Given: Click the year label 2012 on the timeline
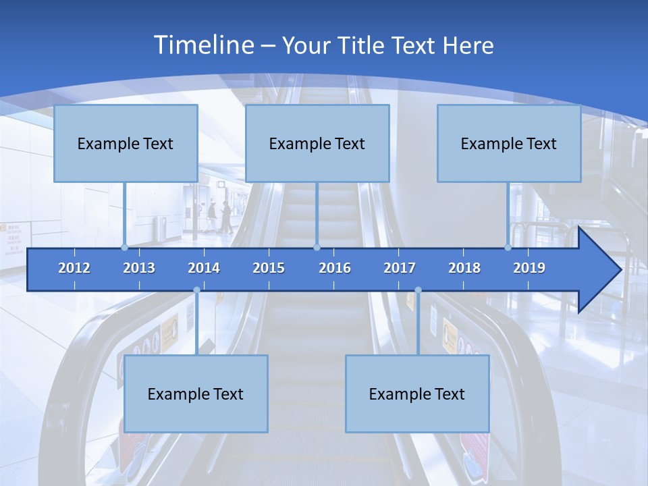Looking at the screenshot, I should [74, 268].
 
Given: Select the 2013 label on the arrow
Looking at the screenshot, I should [139, 268].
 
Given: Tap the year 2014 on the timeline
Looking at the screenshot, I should [204, 268].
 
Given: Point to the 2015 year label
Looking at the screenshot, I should [269, 268].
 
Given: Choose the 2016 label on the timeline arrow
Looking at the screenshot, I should [335, 268].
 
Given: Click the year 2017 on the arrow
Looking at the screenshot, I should [400, 268].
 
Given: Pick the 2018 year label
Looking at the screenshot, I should [464, 268].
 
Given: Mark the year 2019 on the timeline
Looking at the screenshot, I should [529, 268].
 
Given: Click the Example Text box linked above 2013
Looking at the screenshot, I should [126, 143].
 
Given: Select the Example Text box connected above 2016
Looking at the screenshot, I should [317, 143].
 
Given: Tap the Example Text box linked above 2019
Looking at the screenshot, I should [509, 143].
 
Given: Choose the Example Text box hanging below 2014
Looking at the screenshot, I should [196, 394].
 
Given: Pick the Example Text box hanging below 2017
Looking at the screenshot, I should [417, 394].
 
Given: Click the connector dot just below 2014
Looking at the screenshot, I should [196, 290].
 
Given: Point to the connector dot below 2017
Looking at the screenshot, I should [418, 290].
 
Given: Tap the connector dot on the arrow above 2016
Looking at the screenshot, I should [317, 247].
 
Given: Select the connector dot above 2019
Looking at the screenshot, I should [508, 247].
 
